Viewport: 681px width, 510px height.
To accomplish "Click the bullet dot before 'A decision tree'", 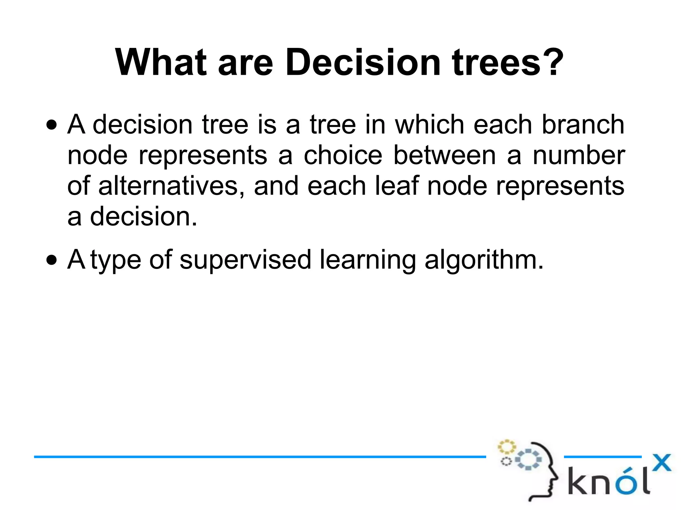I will [x=52, y=126].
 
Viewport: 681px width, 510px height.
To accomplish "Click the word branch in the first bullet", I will [x=583, y=125].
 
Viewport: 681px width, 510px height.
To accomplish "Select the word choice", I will [x=343, y=156].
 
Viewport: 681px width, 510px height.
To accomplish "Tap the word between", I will [x=445, y=156].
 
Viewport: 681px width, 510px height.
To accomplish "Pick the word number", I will [x=579, y=156].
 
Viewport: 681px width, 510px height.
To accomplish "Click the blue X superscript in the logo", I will [x=661, y=463].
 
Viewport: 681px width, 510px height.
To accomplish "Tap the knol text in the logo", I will [x=608, y=481].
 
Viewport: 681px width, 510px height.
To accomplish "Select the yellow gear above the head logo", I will [x=506, y=447].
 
